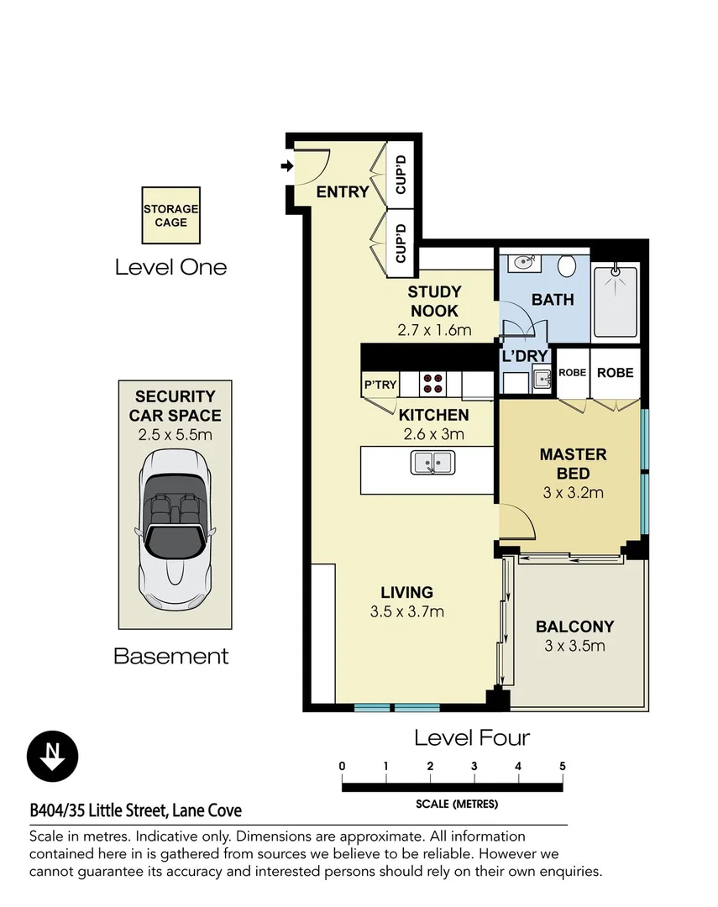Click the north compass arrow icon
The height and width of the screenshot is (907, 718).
click(53, 757)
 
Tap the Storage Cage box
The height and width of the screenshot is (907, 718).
click(170, 215)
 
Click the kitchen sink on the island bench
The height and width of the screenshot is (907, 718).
click(432, 463)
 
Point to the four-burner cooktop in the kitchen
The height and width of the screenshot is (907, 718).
click(432, 384)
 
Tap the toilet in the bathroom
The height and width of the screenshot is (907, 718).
click(567, 267)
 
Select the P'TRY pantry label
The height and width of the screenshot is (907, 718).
click(380, 385)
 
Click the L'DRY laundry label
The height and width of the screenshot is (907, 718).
click(525, 356)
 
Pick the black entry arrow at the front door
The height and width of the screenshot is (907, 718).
click(287, 166)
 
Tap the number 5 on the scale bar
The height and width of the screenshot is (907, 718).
click(562, 766)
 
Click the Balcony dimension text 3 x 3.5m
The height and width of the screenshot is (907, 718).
click(575, 646)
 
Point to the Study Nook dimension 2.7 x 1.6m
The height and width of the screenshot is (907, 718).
click(434, 330)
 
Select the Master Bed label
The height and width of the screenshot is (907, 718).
click(573, 464)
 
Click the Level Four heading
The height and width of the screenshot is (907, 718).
click(472, 737)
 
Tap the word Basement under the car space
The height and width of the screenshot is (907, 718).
click(170, 656)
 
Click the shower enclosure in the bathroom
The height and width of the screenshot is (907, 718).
click(616, 302)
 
